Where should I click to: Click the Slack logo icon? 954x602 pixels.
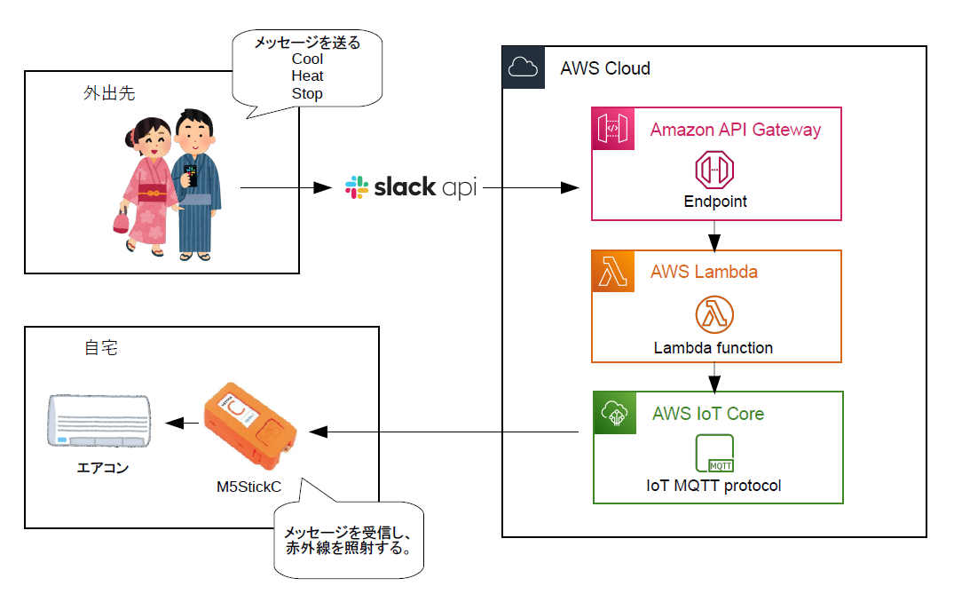357,187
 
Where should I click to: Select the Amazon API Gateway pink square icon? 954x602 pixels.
613,129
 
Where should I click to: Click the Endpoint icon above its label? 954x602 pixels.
715,170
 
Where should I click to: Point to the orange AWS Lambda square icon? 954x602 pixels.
613,271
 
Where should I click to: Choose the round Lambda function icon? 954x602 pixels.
714,314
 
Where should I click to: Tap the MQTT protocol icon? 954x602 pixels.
715,453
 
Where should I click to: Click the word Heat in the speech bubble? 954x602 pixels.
307,76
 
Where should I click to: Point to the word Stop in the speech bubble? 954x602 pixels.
307,93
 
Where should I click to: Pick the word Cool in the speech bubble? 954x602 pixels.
307,59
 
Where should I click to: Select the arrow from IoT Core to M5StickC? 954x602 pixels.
444,432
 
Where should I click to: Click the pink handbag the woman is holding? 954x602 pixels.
121,218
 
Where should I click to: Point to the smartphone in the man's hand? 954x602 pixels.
189,173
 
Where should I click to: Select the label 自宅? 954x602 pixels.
100,348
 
